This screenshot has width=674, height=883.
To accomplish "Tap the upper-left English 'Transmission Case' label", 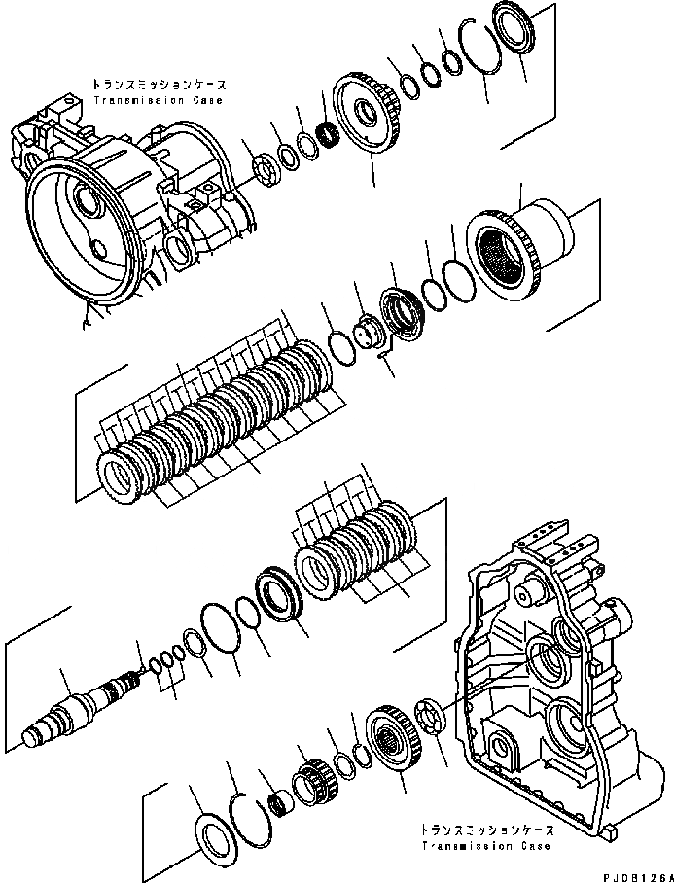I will click(158, 100).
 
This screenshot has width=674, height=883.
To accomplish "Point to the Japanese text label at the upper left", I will click(159, 86).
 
